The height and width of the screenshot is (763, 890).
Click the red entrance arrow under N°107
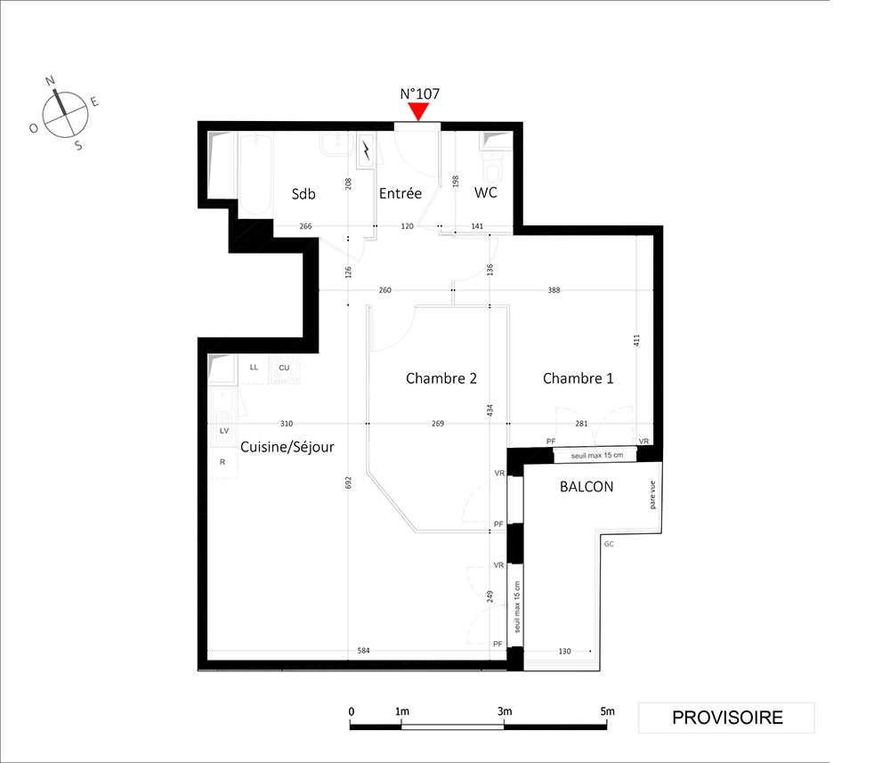(x=419, y=111)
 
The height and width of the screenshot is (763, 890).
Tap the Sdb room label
(x=303, y=194)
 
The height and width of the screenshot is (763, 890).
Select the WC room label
(x=485, y=192)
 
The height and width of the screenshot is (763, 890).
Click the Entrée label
(x=400, y=193)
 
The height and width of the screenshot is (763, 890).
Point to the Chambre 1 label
(x=578, y=378)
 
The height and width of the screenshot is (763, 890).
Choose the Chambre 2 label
(x=441, y=378)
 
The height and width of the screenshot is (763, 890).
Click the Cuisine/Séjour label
(x=287, y=447)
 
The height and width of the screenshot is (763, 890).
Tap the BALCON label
(x=587, y=486)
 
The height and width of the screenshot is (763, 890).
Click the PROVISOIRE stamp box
(x=726, y=718)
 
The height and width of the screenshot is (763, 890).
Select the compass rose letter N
(x=50, y=81)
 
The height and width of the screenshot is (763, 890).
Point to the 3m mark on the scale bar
(x=504, y=712)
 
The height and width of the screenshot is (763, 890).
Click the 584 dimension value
(x=363, y=651)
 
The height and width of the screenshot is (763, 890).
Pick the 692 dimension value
(x=349, y=483)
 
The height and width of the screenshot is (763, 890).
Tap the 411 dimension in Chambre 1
(x=636, y=341)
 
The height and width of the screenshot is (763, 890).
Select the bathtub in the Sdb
(x=255, y=175)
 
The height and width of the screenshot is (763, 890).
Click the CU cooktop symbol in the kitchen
(x=285, y=369)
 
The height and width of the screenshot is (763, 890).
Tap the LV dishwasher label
(x=224, y=431)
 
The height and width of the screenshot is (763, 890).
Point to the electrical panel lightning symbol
(x=367, y=150)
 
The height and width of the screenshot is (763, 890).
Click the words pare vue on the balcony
(x=652, y=494)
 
